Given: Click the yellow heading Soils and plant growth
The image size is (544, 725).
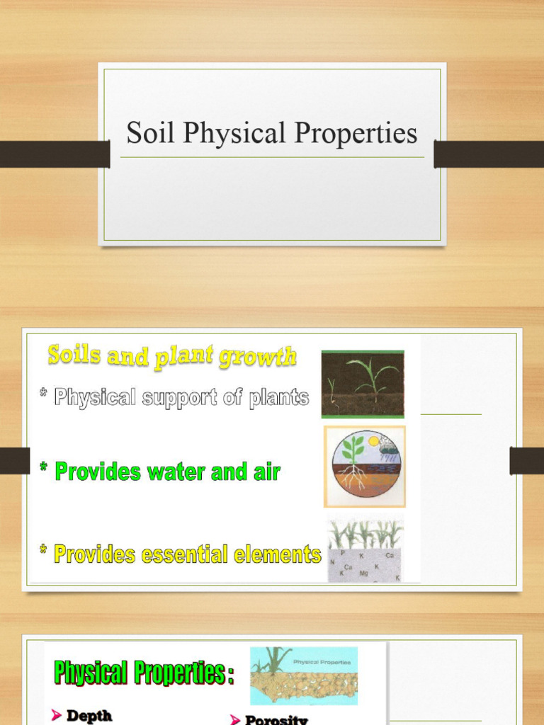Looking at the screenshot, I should tap(172, 355).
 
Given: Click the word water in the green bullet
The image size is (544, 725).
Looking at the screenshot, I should tap(176, 472).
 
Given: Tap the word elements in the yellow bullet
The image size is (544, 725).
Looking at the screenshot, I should tap(280, 554).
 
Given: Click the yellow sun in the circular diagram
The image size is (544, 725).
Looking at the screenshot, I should tap(373, 441).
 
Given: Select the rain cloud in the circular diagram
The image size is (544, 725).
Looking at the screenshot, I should tap(388, 446).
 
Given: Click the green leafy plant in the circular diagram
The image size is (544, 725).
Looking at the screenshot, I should tap(352, 450).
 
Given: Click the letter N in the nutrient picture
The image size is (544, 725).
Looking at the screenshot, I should tap(331, 562).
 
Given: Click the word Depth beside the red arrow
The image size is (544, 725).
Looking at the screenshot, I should tap(89, 716).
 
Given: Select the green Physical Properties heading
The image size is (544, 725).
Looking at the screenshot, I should tap(144, 673).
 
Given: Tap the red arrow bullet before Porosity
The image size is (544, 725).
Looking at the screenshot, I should tap(235, 720).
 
